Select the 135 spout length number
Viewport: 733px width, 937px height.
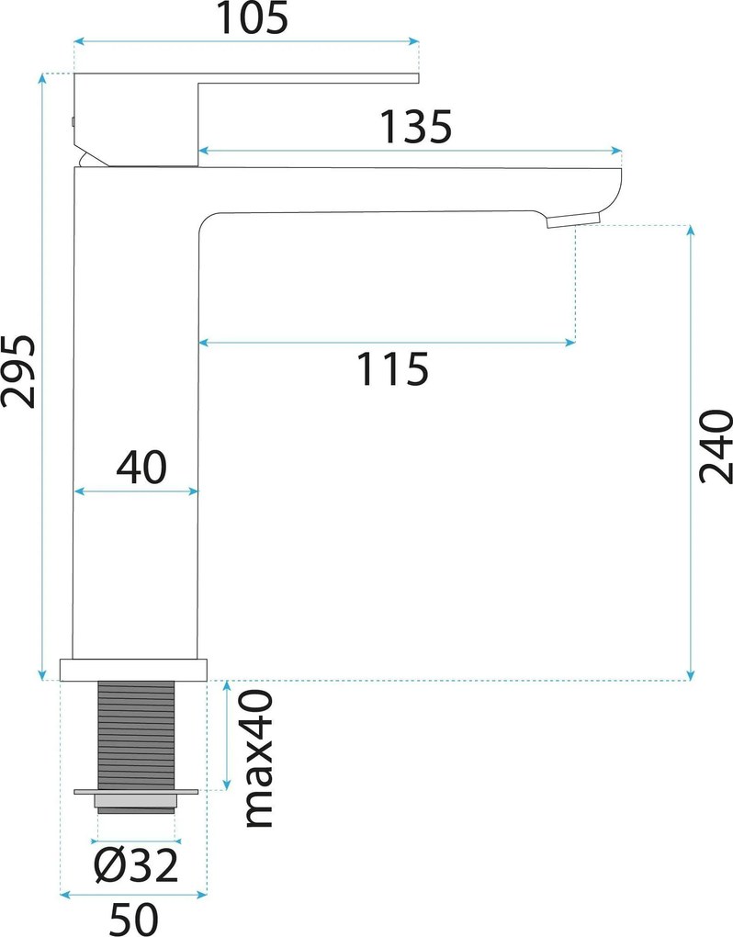[416, 128]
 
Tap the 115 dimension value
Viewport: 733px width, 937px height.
[392, 368]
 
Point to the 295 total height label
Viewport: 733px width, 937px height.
[18, 371]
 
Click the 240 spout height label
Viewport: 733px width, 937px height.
[716, 446]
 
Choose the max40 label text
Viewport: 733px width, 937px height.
[259, 759]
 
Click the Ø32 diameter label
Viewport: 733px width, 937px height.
[136, 864]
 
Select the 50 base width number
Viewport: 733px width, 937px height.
[134, 919]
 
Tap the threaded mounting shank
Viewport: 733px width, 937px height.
[136, 734]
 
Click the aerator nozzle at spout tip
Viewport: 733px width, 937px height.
[573, 220]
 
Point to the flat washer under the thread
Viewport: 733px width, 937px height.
[136, 792]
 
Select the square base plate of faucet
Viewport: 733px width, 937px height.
[133, 670]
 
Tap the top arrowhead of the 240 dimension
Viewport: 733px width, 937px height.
[691, 231]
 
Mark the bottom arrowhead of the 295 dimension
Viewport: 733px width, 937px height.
[42, 674]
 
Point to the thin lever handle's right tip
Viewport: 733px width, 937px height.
[418, 78]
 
